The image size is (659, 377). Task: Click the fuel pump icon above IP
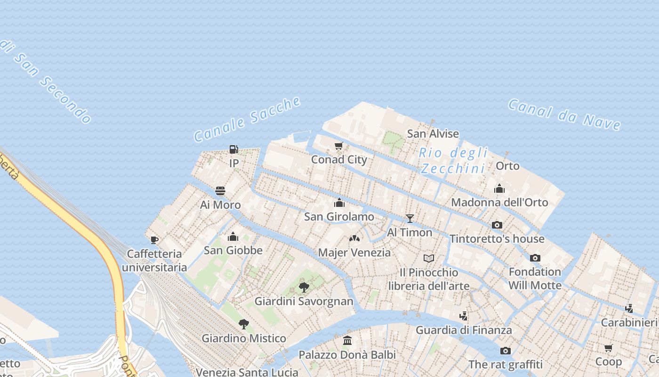(x=233, y=149)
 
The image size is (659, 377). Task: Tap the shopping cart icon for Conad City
(x=338, y=146)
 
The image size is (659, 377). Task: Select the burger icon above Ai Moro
(x=220, y=191)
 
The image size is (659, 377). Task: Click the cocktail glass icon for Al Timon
(x=410, y=219)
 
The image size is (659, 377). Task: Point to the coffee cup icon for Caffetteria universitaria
(x=154, y=240)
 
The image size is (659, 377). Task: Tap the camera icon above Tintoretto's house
(x=497, y=225)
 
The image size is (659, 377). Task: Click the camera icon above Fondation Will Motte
(x=535, y=258)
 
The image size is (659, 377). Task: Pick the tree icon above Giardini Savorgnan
(x=304, y=287)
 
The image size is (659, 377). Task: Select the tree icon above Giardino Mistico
(x=243, y=324)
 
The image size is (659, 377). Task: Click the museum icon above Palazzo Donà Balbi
(x=347, y=340)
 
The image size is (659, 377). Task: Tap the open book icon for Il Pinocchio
(x=428, y=258)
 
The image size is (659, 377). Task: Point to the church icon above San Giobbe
(x=233, y=237)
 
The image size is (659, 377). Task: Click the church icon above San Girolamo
(x=339, y=203)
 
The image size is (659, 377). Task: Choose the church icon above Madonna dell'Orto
(x=499, y=188)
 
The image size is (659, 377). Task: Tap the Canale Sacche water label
(x=247, y=119)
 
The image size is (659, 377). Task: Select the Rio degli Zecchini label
(x=453, y=160)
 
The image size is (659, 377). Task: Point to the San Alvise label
(x=433, y=133)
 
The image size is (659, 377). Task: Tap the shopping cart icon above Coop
(x=609, y=348)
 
